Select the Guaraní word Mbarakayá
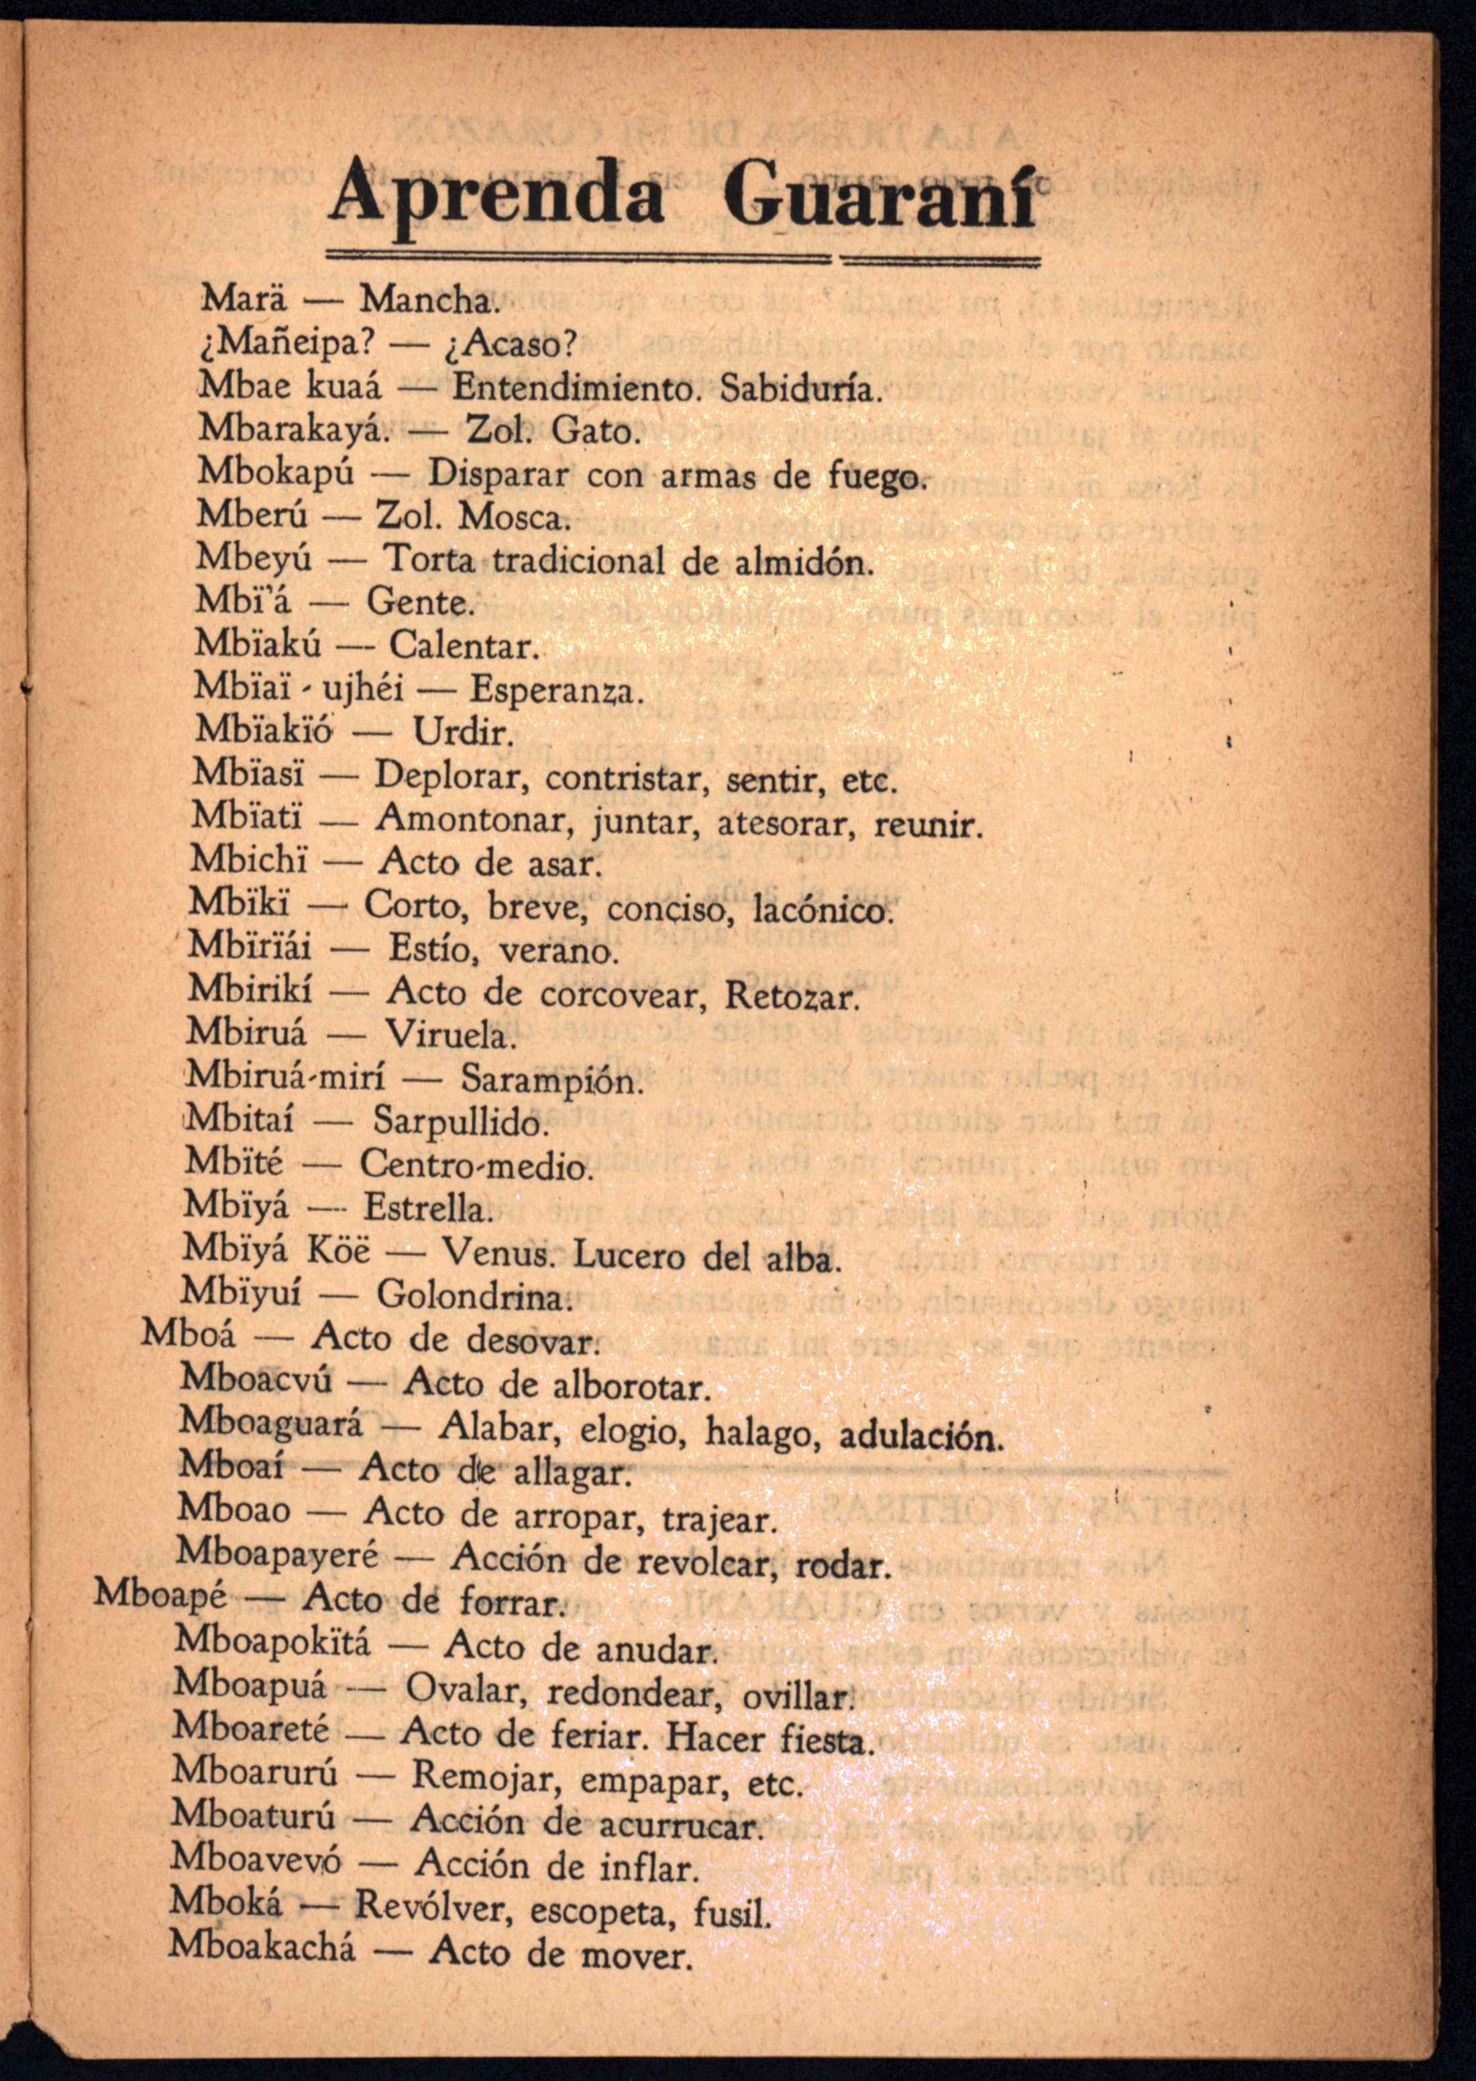tap(294, 428)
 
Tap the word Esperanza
tap(556, 692)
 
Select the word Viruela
tap(448, 1034)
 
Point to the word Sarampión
tap(551, 1080)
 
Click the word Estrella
tap(427, 1210)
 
